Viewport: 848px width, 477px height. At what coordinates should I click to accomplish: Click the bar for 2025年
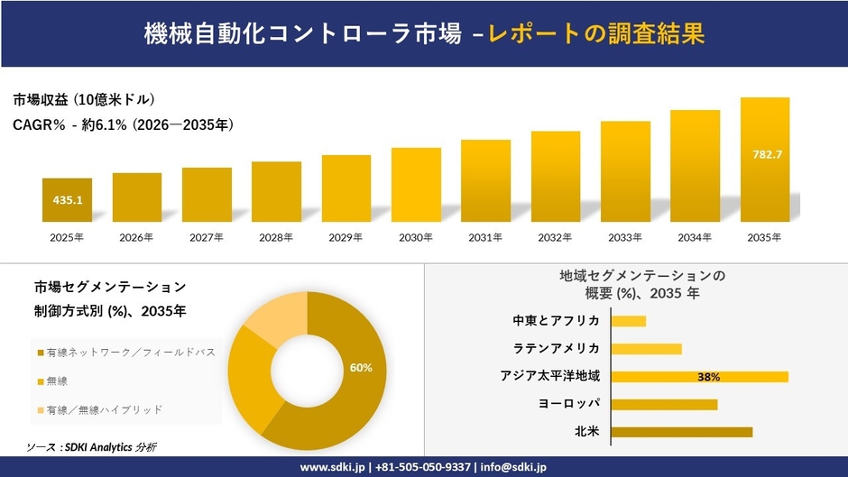(x=67, y=200)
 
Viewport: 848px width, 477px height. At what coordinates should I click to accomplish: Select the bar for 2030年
(x=416, y=185)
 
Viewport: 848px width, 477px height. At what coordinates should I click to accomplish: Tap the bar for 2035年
(x=765, y=160)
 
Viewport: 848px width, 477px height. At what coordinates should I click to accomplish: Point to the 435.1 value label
(x=67, y=200)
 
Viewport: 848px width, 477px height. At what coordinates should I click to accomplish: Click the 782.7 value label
(x=766, y=155)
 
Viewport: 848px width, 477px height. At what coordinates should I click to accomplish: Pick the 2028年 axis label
(x=276, y=238)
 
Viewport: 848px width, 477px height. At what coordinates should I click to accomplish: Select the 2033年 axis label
(x=625, y=238)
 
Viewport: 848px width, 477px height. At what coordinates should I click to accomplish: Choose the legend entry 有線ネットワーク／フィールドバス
(x=126, y=352)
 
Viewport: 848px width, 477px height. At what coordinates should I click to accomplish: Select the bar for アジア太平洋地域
(x=699, y=376)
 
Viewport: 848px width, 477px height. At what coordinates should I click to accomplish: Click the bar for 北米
(x=681, y=432)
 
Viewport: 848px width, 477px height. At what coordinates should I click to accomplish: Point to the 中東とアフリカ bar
(x=629, y=321)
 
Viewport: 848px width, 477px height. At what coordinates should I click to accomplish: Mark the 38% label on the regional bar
(x=708, y=377)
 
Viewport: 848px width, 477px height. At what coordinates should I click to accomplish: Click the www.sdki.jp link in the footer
(x=330, y=467)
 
